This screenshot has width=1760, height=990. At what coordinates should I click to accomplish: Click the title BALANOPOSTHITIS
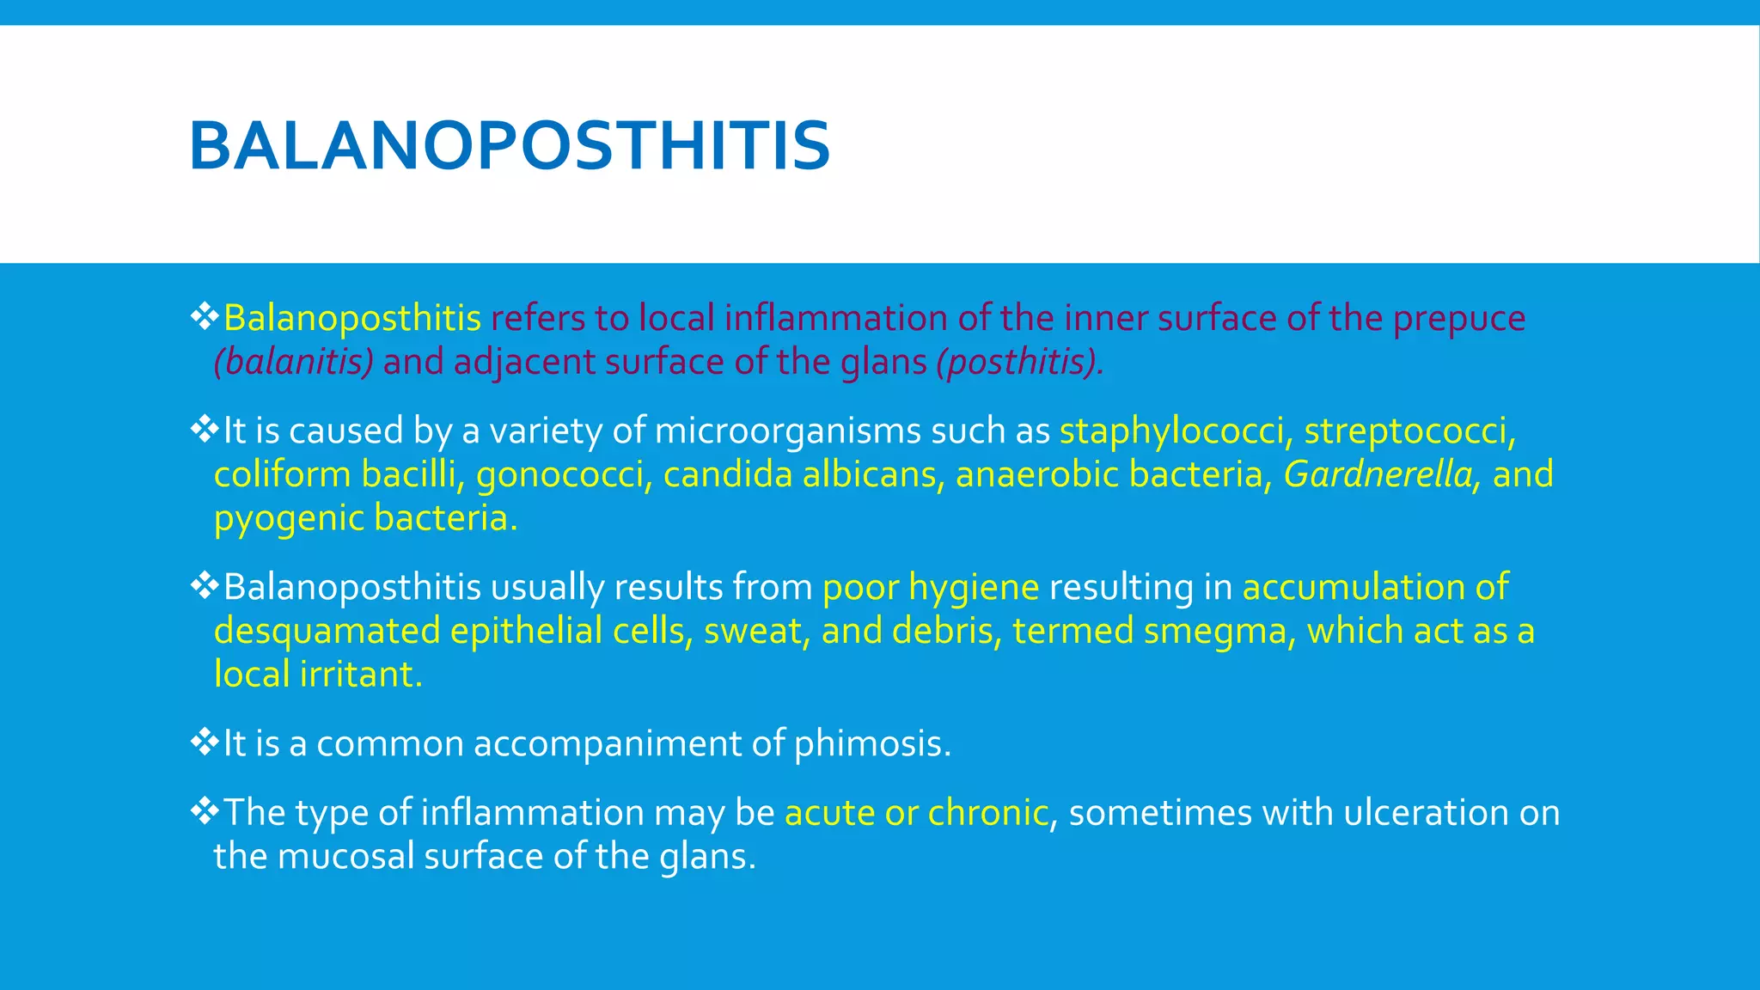click(x=509, y=146)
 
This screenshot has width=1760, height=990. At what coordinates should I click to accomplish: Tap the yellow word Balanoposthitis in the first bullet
click(x=351, y=319)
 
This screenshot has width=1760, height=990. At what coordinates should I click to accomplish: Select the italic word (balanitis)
click(x=294, y=363)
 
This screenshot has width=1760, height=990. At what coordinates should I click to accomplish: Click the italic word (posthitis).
click(x=1019, y=363)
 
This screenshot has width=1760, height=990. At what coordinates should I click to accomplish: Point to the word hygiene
click(x=974, y=588)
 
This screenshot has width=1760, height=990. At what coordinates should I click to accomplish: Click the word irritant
click(x=361, y=675)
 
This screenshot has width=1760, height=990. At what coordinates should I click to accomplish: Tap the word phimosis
click(x=871, y=744)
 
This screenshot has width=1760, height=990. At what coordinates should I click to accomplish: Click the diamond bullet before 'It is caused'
click(x=205, y=429)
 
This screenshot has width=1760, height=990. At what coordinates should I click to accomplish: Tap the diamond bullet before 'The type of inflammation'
click(x=205, y=810)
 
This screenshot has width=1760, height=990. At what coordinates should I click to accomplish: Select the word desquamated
click(x=327, y=632)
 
